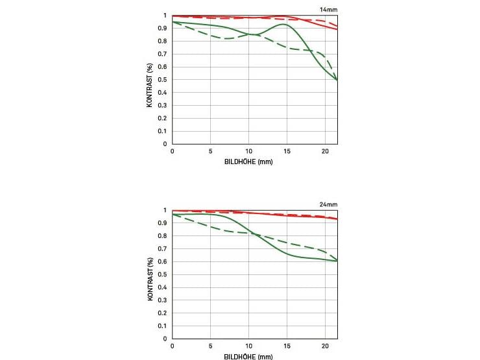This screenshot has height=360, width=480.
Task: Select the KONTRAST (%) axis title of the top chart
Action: point(150,85)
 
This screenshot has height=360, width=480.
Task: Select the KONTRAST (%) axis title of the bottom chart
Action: point(150,279)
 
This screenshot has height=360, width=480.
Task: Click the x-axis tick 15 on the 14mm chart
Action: point(287,150)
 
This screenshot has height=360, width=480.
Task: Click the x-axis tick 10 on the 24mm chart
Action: point(249,346)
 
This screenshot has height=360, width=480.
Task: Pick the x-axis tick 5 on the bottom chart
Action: point(211,346)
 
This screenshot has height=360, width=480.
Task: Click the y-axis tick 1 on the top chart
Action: point(165,15)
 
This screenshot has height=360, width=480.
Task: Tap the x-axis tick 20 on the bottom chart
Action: point(326,346)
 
